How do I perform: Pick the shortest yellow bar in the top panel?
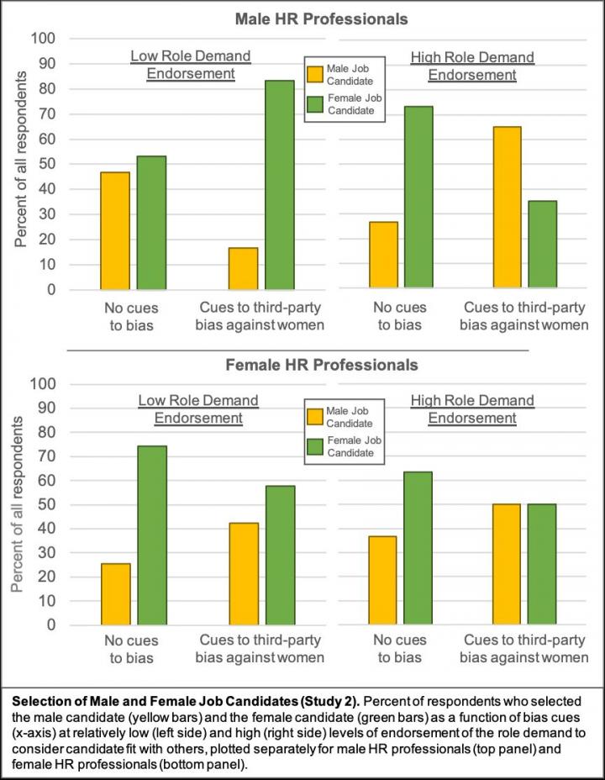click(x=244, y=268)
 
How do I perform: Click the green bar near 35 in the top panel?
click(x=542, y=245)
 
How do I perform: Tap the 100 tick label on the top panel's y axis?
click(x=45, y=39)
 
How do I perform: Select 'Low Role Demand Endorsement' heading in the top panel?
click(x=191, y=65)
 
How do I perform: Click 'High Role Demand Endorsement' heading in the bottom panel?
click(x=471, y=409)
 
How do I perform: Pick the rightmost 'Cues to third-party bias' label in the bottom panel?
click(x=527, y=648)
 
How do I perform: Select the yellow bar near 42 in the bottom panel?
click(x=244, y=574)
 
